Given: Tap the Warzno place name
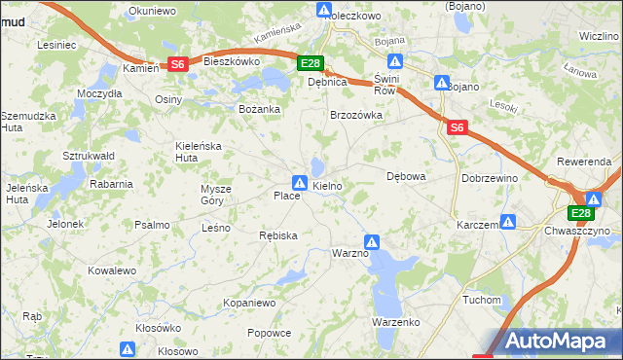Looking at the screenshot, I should [350, 253].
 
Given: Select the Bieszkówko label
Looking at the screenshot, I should [232, 60].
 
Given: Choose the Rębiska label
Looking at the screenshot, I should [277, 235].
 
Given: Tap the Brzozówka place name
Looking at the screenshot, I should [356, 114].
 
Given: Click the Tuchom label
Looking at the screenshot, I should [482, 299].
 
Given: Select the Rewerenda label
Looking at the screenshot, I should [584, 161].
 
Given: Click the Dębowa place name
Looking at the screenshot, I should [407, 177].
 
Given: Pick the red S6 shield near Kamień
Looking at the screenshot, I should [177, 64].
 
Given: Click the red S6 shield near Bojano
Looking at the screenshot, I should [458, 126].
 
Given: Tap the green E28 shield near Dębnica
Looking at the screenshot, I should [310, 64].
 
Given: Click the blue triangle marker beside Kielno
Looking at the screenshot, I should [300, 182].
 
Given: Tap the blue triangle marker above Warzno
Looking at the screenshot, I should [372, 241].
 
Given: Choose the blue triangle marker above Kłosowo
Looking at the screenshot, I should [128, 348].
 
